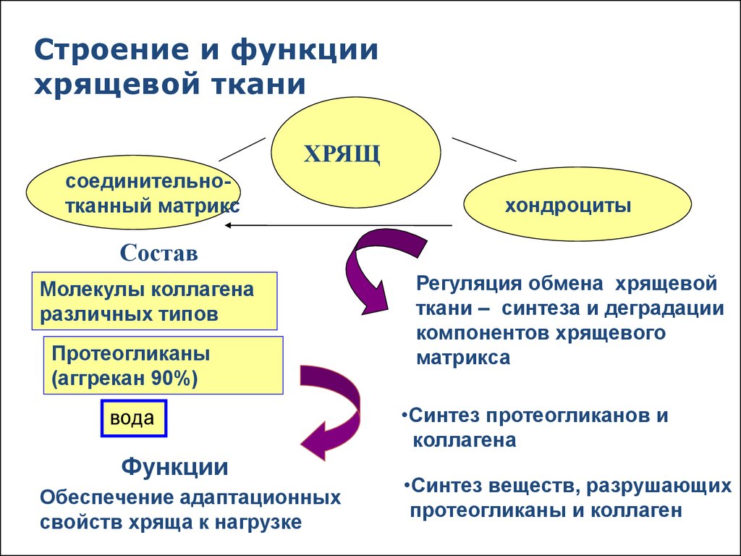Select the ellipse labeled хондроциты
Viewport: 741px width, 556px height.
point(577,206)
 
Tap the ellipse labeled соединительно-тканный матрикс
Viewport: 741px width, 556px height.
point(134,193)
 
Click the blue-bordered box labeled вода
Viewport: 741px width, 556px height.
point(133,419)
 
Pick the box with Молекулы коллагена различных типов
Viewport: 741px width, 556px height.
point(154,302)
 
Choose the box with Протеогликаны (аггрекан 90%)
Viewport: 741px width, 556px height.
point(163,366)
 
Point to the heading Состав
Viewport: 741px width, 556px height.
point(158,253)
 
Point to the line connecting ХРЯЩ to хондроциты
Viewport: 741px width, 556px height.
point(484,148)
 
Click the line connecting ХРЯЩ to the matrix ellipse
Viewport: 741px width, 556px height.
point(242,149)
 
